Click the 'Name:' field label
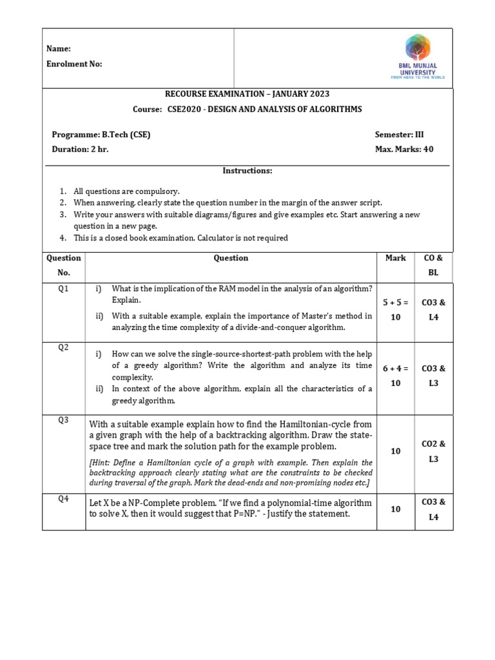pyautogui.click(x=59, y=49)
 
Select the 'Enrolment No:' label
pyautogui.click(x=74, y=64)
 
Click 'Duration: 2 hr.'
pyautogui.click(x=80, y=150)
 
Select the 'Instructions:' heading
pyautogui.click(x=247, y=171)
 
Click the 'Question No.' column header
pyautogui.click(x=63, y=265)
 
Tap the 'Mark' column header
pyautogui.click(x=395, y=258)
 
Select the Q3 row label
pyautogui.click(x=63, y=420)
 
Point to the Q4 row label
pyautogui.click(x=63, y=498)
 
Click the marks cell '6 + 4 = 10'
pyautogui.click(x=395, y=376)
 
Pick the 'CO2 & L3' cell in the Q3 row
pyautogui.click(x=433, y=451)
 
